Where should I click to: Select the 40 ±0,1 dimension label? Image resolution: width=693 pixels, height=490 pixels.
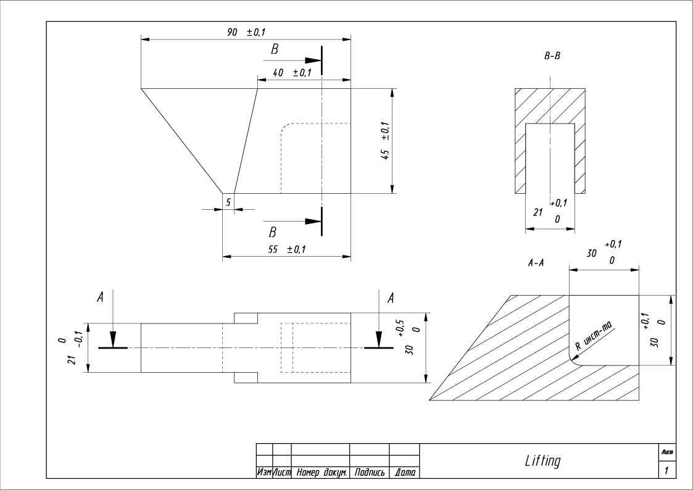click(x=291, y=73)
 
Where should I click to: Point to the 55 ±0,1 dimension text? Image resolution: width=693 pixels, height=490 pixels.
click(x=287, y=249)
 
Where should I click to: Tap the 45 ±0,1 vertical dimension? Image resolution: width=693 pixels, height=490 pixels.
click(x=385, y=141)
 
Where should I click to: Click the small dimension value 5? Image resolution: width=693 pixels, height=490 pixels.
click(x=228, y=202)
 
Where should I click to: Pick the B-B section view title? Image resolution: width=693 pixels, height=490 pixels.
click(x=552, y=56)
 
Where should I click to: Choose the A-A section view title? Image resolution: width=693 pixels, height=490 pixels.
click(x=536, y=263)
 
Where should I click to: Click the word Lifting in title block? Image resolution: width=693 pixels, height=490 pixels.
click(x=542, y=461)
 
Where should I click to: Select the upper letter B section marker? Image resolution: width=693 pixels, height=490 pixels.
click(x=275, y=50)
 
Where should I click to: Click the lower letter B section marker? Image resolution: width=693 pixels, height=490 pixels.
click(x=272, y=233)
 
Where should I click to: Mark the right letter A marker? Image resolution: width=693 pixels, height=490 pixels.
click(x=390, y=298)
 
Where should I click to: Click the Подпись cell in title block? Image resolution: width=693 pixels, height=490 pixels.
click(x=370, y=473)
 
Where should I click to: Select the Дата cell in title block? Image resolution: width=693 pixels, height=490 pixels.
click(x=404, y=473)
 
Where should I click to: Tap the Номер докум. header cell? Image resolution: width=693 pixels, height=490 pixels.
click(x=320, y=473)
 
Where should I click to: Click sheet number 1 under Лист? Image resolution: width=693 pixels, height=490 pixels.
click(x=666, y=471)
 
